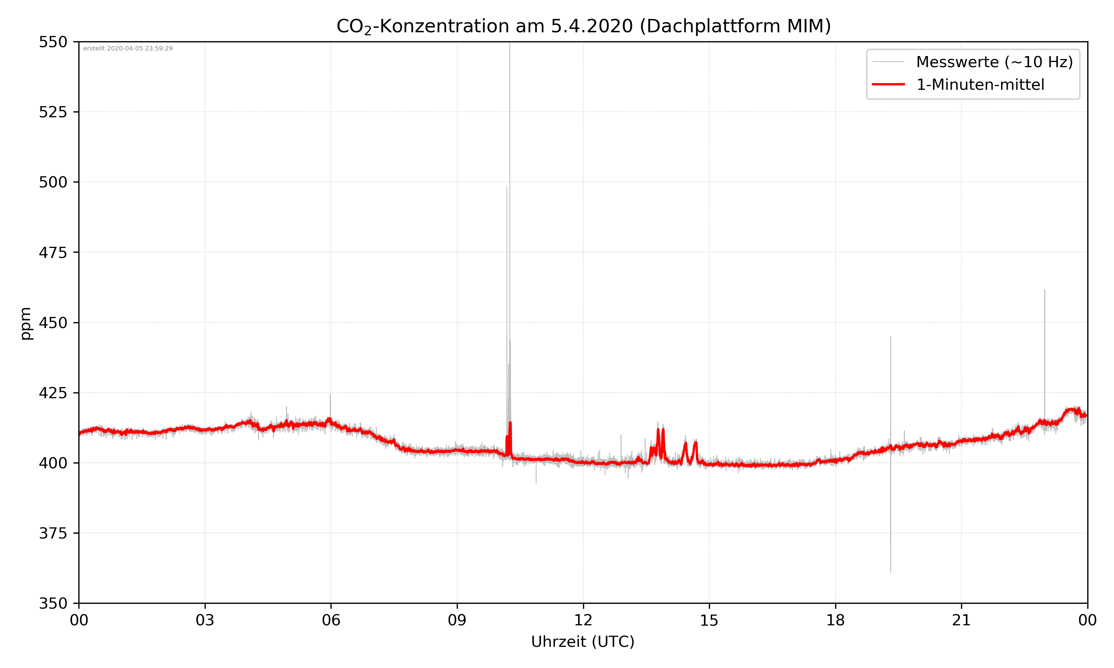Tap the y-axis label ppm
pos(26,323)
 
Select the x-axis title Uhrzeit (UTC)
pos(583,641)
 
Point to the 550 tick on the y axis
pos(53,42)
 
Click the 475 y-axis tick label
pos(53,252)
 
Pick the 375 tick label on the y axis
pos(53,533)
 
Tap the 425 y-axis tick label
pos(53,393)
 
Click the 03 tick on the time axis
pos(205,620)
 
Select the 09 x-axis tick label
pos(457,620)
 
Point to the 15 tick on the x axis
pos(709,620)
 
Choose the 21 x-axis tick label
pos(961,620)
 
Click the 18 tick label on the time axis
pos(835,620)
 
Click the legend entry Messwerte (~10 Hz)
pos(994,62)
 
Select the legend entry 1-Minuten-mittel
pos(980,85)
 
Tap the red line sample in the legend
pos(888,84)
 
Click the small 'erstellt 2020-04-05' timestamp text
pos(128,49)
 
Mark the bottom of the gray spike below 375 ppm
pos(890,571)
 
